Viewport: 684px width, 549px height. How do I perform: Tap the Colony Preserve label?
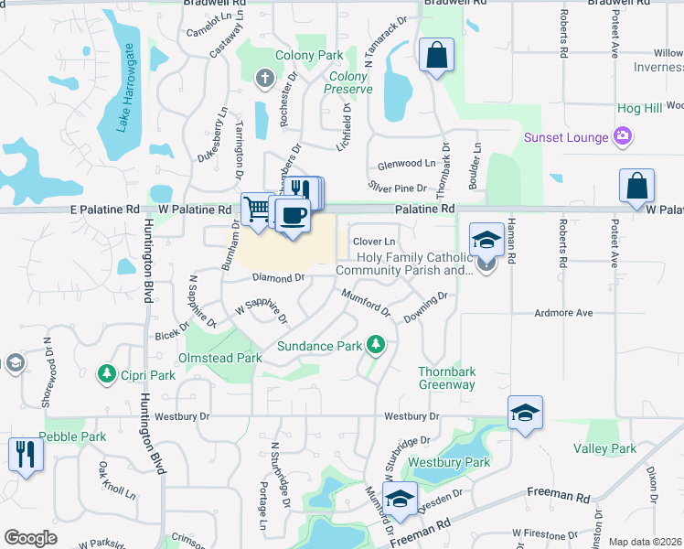point(348,82)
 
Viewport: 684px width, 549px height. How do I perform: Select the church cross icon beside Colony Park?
point(265,78)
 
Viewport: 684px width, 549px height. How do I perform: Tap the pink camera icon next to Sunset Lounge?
point(623,137)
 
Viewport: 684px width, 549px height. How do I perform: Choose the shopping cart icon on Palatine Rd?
point(257,208)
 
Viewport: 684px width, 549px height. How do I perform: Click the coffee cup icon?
point(292,215)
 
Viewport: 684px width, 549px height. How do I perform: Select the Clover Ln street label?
point(373,241)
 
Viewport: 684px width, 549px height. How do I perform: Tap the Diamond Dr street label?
point(278,277)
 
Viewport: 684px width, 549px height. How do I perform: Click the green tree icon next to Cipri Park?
point(106,374)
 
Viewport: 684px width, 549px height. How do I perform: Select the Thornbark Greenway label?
point(447,378)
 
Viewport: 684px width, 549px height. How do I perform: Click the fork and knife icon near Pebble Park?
point(25,454)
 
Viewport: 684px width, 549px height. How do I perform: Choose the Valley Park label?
point(604,448)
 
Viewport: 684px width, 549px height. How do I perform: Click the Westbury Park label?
point(449,462)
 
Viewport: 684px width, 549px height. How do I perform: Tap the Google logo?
point(30,538)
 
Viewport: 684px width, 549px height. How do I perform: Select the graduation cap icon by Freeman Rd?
point(399,500)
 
